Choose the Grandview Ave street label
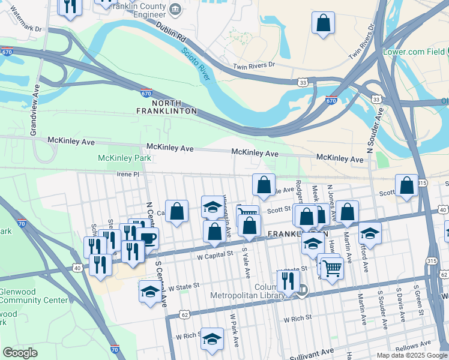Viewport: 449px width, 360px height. coord(35,108)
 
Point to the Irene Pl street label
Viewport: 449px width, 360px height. coord(127,174)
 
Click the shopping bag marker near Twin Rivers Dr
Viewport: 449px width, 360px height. coord(323,23)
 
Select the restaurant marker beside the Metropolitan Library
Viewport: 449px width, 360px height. coord(288,280)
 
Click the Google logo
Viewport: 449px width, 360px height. coord(20,353)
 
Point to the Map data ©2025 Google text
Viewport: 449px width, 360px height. coord(411,355)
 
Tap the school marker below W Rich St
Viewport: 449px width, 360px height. coord(211,339)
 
